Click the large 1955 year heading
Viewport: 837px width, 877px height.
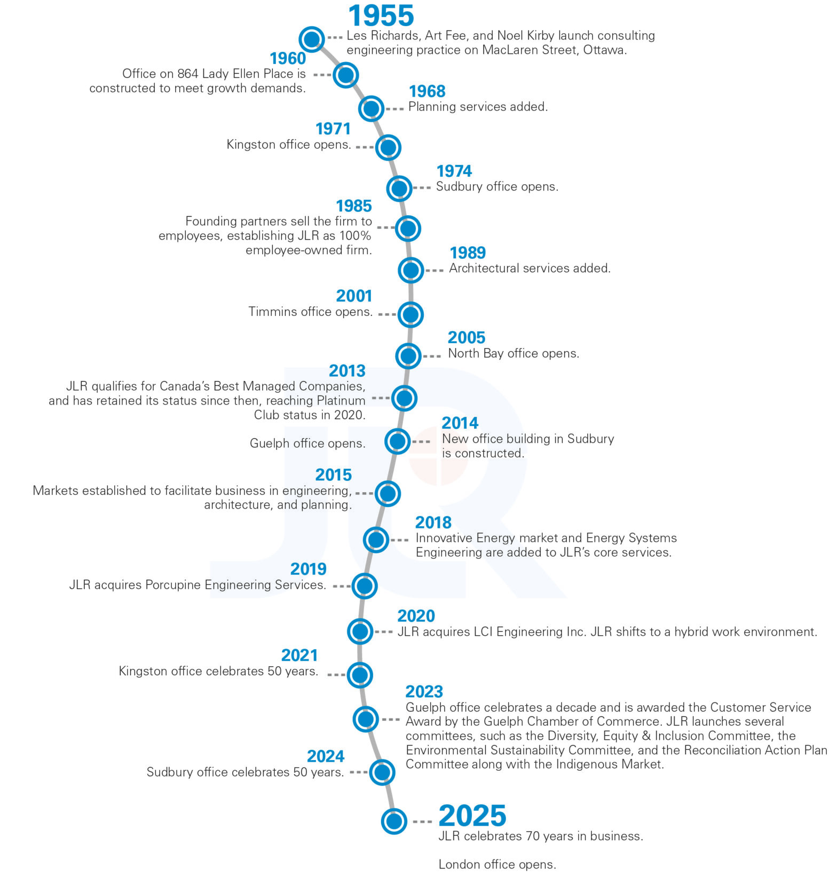click(381, 15)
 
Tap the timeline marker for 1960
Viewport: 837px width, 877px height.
click(345, 75)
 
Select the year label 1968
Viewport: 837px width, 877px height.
click(427, 91)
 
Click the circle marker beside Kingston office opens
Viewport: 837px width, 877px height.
click(388, 147)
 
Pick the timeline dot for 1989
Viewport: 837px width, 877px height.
click(410, 270)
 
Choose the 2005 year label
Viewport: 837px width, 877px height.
click(466, 337)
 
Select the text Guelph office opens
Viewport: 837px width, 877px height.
click(307, 443)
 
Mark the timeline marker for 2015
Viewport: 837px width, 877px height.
click(388, 493)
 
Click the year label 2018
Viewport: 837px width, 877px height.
click(433, 522)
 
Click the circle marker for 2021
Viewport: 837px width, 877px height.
click(360, 675)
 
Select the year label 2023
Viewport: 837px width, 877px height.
click(424, 692)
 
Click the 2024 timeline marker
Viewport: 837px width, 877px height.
click(382, 772)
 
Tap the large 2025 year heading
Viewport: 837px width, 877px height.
click(472, 816)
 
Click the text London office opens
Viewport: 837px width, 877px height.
click(497, 864)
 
